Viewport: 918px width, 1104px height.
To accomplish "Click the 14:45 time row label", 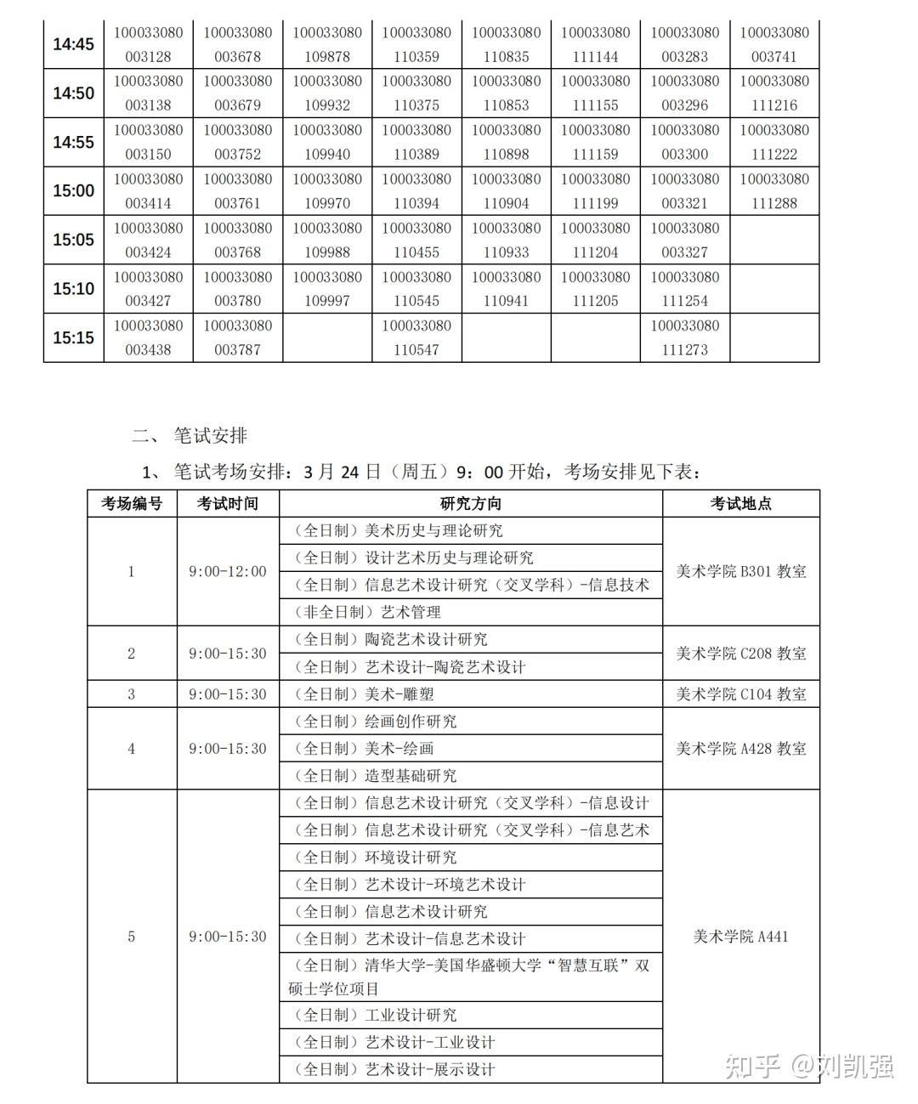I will point(73,44).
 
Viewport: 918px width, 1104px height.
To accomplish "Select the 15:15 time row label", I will point(73,337).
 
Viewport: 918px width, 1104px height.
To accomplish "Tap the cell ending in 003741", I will point(774,44).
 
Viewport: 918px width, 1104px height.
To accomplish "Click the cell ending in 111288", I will point(774,191).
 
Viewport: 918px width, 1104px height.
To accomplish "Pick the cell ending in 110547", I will point(416,337).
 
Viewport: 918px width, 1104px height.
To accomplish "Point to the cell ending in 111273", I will point(684,337).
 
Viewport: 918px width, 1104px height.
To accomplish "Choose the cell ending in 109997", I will point(327,289).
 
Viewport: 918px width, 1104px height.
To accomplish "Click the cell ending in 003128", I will point(148,44).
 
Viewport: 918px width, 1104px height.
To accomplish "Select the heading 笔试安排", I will point(210,435).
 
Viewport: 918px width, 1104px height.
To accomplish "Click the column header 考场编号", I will point(132,503).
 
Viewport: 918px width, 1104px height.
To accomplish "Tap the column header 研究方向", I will point(470,503).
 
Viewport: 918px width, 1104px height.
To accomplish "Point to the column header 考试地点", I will point(740,503).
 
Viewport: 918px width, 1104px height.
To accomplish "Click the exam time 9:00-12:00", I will point(227,571).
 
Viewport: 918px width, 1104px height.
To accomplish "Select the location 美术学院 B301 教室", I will point(740,571).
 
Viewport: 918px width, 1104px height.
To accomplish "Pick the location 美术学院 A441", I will point(740,937).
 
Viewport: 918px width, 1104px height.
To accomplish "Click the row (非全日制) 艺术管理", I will point(367,612).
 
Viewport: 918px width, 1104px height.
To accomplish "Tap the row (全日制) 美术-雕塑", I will point(364,694).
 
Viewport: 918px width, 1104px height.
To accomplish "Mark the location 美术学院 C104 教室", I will point(740,694).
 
